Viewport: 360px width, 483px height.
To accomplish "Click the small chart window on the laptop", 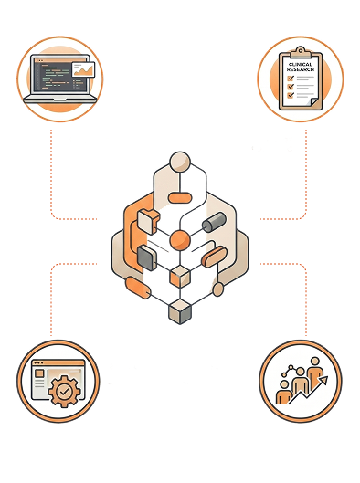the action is click(x=83, y=69).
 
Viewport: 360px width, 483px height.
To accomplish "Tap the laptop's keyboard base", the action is click(x=60, y=99).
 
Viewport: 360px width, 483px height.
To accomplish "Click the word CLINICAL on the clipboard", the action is click(x=301, y=65).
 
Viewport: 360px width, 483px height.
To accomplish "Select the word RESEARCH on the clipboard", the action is click(x=301, y=69).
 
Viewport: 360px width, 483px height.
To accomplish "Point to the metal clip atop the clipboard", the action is click(x=300, y=53).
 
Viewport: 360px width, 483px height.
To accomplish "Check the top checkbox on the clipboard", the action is click(x=291, y=78).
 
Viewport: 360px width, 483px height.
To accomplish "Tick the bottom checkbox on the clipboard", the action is click(x=291, y=95).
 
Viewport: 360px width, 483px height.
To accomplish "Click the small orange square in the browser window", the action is click(x=39, y=373).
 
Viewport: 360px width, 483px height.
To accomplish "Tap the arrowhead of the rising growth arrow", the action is click(x=323, y=381).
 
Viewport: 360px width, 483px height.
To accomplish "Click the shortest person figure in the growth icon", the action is click(x=283, y=392).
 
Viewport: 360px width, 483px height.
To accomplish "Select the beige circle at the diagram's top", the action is click(x=180, y=162).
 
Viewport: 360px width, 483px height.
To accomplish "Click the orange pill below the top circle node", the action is click(x=178, y=198).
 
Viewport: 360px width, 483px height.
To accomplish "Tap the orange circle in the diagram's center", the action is click(x=180, y=240).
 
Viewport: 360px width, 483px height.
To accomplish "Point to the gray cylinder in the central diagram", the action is click(x=214, y=222).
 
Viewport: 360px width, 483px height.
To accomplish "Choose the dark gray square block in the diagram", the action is click(x=147, y=258).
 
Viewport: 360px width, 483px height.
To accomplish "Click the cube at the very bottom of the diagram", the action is click(x=180, y=311).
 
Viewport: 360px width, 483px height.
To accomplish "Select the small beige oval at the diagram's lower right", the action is click(x=218, y=289).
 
